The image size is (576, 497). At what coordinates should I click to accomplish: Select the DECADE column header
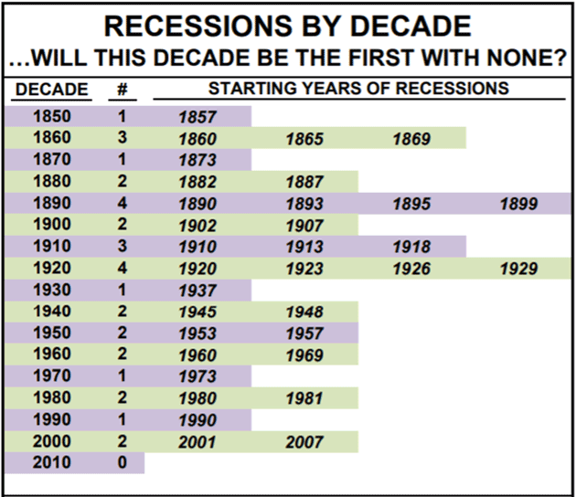click(x=52, y=90)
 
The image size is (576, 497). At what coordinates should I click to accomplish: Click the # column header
click(x=123, y=90)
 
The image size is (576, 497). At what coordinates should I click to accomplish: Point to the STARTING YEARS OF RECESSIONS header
click(x=358, y=89)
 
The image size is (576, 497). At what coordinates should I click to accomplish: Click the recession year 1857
click(x=197, y=117)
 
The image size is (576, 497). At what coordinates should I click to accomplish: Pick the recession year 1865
click(x=304, y=139)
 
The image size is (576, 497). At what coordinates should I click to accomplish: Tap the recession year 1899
click(x=518, y=204)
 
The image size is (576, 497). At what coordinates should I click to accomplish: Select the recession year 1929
click(x=518, y=269)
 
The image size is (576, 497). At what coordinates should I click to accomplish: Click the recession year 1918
click(x=411, y=247)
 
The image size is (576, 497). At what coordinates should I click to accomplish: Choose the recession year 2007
click(x=304, y=442)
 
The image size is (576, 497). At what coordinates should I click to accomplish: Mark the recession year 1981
click(x=304, y=398)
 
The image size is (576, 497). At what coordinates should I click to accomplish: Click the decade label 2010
click(x=52, y=462)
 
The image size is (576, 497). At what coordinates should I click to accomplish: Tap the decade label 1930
click(x=52, y=290)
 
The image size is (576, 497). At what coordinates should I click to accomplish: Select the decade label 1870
click(x=52, y=160)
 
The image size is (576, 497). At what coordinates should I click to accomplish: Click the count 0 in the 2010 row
click(x=123, y=462)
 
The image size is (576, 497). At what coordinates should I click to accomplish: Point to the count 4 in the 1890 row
click(x=123, y=203)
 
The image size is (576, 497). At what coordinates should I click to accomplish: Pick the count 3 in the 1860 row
click(x=123, y=138)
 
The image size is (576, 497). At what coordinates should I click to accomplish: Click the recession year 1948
click(x=304, y=312)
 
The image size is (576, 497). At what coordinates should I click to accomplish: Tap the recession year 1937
click(x=197, y=291)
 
